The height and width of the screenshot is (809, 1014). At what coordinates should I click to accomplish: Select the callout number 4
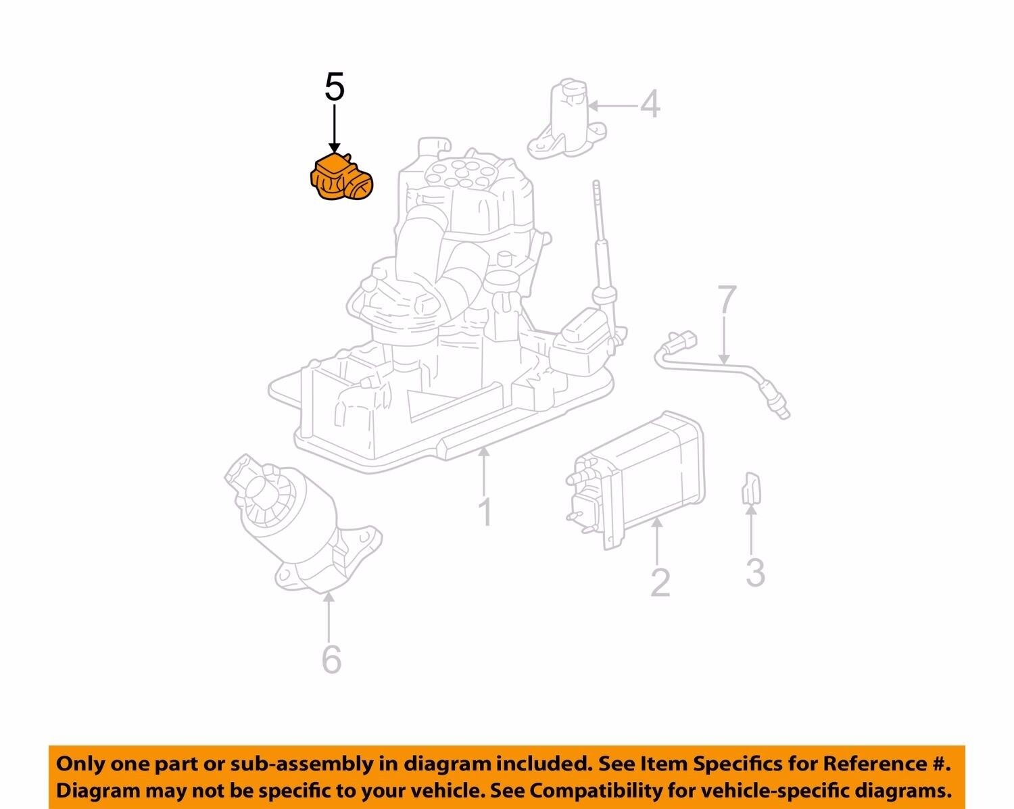650,105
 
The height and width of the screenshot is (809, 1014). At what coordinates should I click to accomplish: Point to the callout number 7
725,301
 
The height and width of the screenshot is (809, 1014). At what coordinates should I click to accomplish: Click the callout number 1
485,512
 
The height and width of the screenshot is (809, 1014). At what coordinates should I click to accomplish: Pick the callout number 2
660,582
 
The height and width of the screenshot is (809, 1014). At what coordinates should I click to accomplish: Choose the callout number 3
754,572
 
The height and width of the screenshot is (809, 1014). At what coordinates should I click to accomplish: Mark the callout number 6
331,659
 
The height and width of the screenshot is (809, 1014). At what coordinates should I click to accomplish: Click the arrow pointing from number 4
614,105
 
